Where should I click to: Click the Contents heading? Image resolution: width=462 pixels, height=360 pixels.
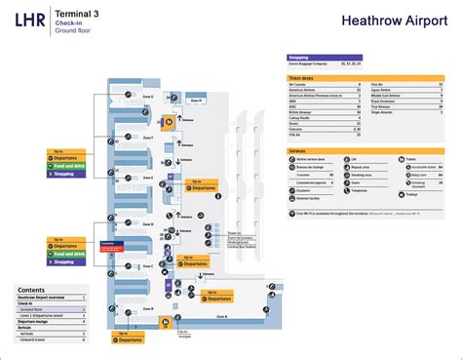tap(31, 291)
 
